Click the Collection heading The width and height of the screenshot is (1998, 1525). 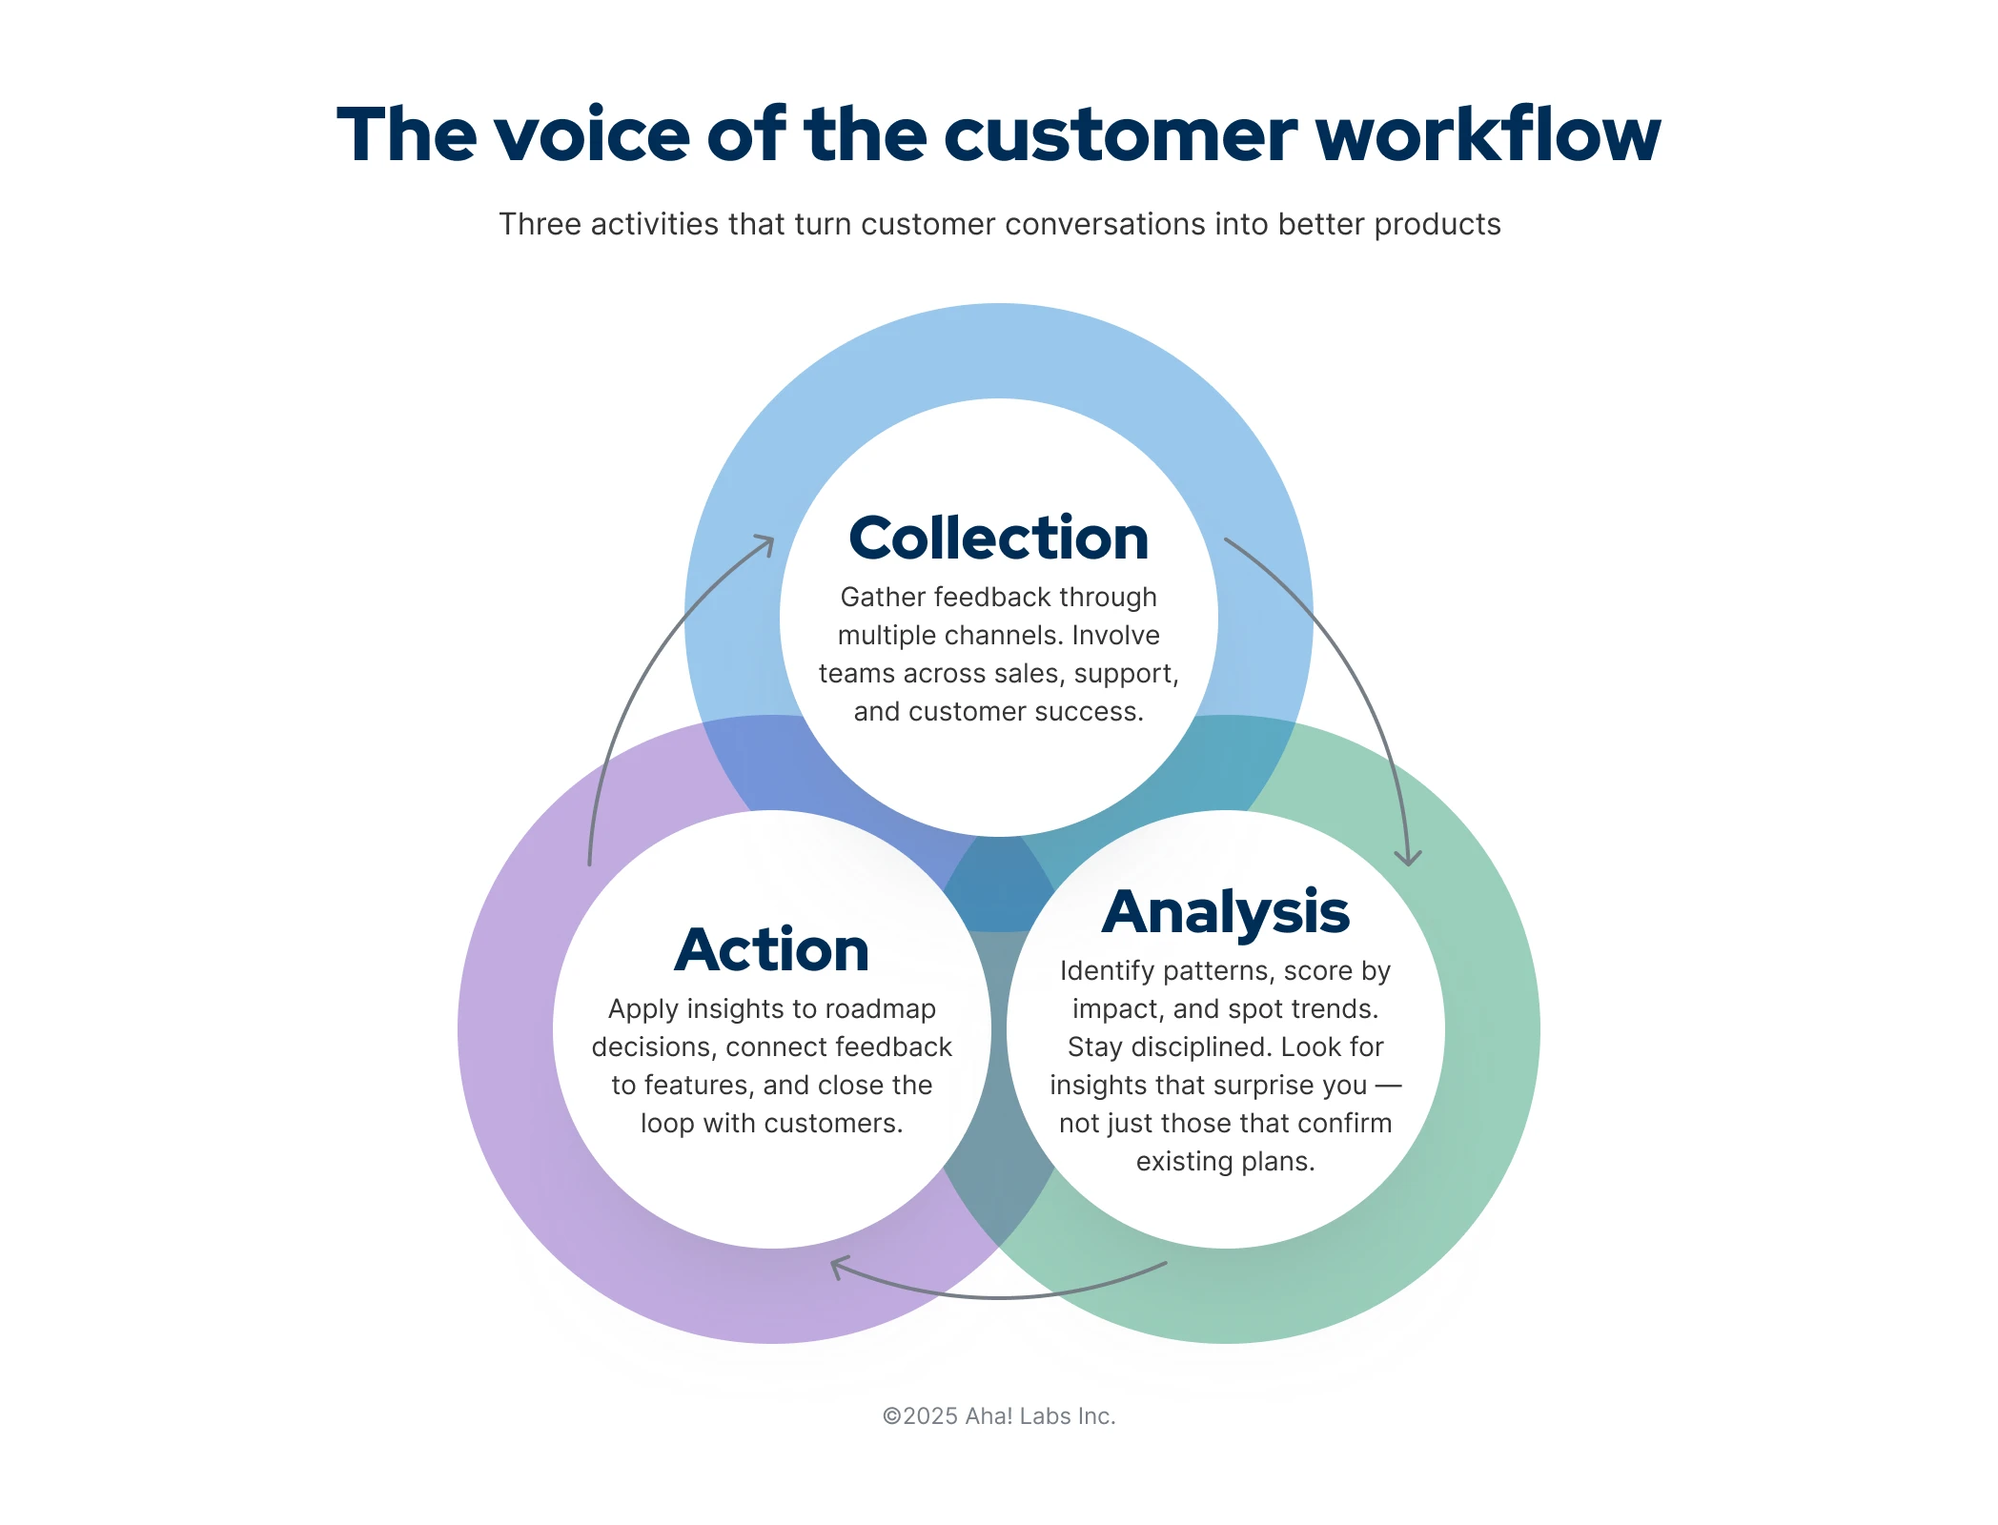(x=998, y=539)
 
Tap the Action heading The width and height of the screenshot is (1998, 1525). (x=771, y=950)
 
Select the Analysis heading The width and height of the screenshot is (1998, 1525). (x=1225, y=912)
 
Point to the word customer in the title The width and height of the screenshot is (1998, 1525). (x=1120, y=134)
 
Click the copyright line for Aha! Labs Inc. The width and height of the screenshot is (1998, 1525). (x=998, y=1416)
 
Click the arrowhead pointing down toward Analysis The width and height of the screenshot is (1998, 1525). (x=1408, y=858)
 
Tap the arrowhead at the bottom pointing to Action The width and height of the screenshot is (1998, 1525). (x=838, y=1267)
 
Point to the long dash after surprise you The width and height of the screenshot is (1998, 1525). (x=1388, y=1086)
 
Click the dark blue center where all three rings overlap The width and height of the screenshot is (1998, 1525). (x=998, y=886)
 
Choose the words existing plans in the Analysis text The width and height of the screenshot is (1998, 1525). (x=1225, y=1161)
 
